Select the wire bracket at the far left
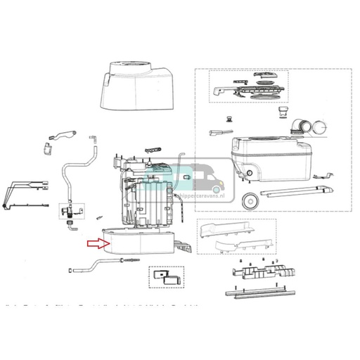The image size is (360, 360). click(x=20, y=193)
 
